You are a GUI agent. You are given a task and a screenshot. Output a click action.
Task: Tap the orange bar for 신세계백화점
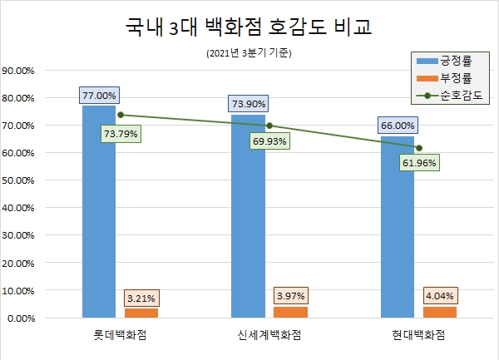click(290, 312)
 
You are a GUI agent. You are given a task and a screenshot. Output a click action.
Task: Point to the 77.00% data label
click(100, 95)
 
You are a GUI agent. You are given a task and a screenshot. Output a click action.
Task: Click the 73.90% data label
click(248, 105)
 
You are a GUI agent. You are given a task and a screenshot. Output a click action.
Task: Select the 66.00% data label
click(398, 126)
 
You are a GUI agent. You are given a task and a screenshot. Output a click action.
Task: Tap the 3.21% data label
click(141, 297)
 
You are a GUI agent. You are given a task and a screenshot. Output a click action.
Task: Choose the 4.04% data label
click(439, 295)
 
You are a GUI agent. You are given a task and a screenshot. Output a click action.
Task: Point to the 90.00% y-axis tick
click(17, 71)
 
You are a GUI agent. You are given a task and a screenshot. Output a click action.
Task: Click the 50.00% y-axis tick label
click(17, 180)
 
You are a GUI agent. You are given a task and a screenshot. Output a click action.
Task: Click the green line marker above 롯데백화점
click(121, 115)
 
